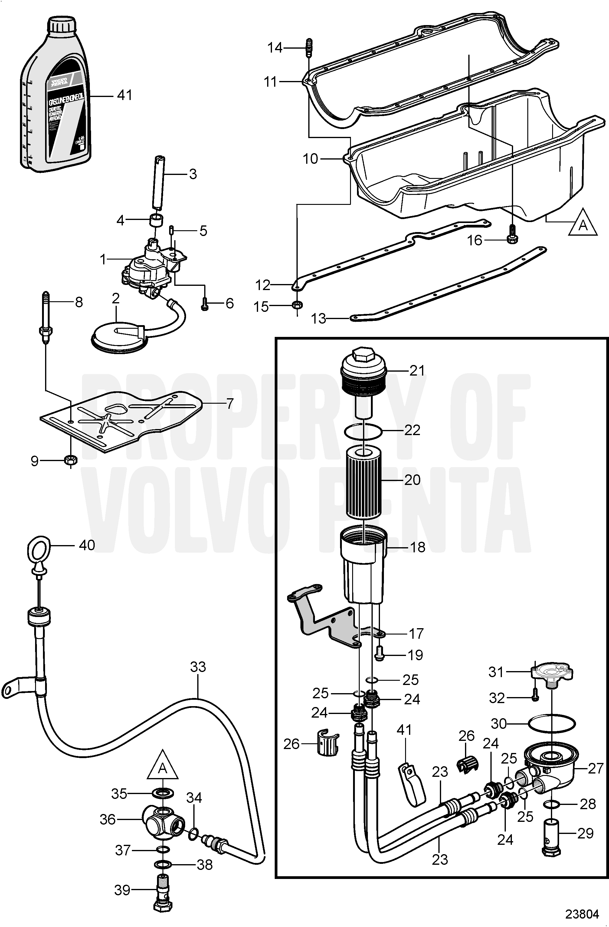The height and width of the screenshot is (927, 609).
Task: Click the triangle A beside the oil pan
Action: [582, 224]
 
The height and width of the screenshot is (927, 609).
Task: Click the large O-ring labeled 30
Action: [552, 724]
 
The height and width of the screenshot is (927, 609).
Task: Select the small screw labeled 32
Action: [535, 698]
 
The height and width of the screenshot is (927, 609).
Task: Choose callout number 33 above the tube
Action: [198, 667]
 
